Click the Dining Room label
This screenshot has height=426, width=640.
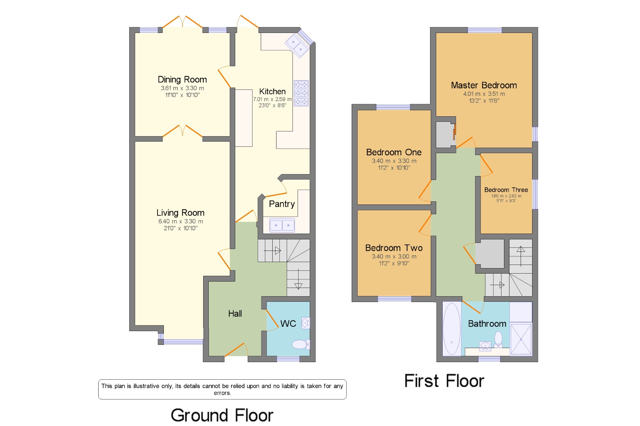[x=182, y=80]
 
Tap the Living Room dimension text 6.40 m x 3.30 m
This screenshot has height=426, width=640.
[x=180, y=221]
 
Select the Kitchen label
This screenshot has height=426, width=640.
[x=272, y=91]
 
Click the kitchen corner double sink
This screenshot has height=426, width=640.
[x=297, y=46]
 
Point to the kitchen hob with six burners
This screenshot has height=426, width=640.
[x=301, y=93]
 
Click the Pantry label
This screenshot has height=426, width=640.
[x=282, y=204]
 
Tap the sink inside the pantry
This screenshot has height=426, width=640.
[x=282, y=225]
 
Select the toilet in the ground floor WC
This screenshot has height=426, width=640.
[x=300, y=344]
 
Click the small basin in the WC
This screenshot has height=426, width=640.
[x=306, y=323]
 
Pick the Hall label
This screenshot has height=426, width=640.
[x=235, y=314]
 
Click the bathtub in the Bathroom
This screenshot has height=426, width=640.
[x=452, y=329]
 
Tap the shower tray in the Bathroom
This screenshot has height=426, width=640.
[x=521, y=339]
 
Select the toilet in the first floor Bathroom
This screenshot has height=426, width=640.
[x=498, y=339]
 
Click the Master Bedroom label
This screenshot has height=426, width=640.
[x=484, y=85]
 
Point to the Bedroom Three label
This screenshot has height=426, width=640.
[x=506, y=190]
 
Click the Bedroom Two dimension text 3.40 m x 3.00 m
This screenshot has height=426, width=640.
[x=394, y=256]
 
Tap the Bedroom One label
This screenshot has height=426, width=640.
[x=394, y=152]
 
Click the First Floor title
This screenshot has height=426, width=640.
[x=444, y=381]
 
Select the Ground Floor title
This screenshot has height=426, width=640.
[x=222, y=415]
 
